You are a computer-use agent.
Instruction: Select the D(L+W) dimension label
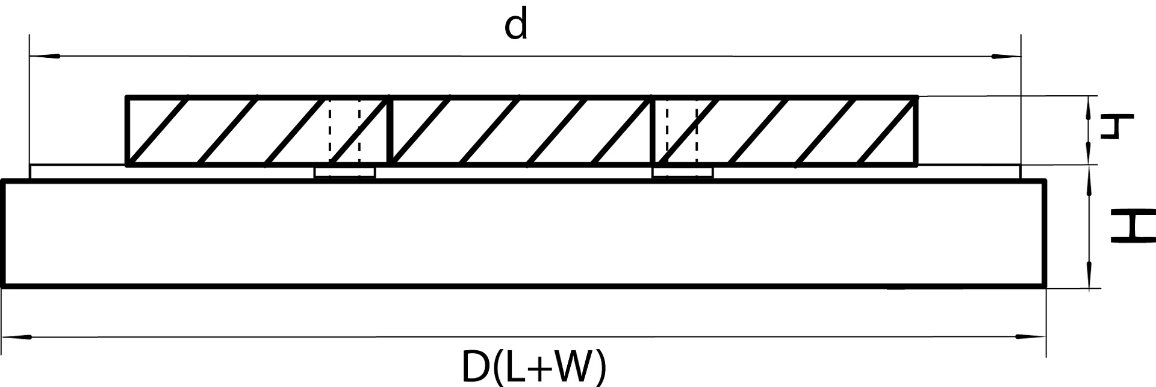(x=534, y=367)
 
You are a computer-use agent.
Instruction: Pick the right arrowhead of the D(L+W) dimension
(x=1031, y=337)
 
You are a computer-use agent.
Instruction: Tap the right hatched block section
(x=786, y=130)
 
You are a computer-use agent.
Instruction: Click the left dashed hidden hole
(x=344, y=130)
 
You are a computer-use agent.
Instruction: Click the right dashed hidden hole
(x=682, y=130)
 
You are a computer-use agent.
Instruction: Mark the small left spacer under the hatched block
(x=345, y=172)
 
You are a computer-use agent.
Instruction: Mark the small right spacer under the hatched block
(x=683, y=172)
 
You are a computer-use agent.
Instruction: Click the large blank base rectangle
(x=524, y=233)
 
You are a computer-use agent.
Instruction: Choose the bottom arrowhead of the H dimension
(x=1089, y=278)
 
